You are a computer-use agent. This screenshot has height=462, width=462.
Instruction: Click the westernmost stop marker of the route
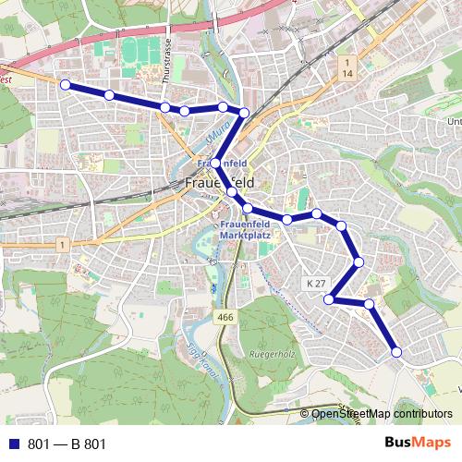click(66, 84)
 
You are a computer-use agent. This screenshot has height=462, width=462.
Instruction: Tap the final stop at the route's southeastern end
click(396, 352)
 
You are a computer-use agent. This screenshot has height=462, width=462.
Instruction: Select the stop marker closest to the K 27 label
click(329, 298)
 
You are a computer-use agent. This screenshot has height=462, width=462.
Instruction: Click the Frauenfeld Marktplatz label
click(248, 230)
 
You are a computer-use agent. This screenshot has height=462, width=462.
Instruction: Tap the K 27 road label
click(315, 282)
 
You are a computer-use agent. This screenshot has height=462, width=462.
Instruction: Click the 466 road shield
click(225, 318)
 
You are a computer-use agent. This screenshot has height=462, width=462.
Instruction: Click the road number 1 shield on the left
click(60, 245)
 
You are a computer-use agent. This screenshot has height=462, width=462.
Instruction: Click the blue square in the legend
click(12, 444)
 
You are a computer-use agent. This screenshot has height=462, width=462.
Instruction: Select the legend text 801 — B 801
click(67, 444)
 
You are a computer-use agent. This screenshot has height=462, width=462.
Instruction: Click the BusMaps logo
click(419, 444)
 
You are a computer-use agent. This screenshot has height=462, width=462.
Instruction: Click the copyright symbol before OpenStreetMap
click(304, 414)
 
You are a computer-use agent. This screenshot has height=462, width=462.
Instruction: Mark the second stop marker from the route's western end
click(109, 95)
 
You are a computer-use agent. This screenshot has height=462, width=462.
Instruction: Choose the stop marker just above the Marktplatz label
click(248, 208)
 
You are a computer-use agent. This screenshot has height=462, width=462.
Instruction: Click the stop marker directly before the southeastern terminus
click(369, 303)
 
